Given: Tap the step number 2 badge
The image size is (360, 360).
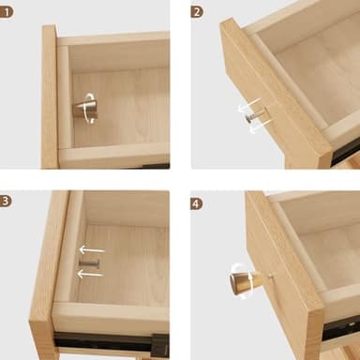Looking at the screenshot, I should pos(197,12).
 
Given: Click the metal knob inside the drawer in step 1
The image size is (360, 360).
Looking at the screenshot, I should pos(82,110).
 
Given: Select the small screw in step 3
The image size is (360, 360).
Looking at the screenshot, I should pos(90,263).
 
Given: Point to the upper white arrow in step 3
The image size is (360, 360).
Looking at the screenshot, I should pos(91,250).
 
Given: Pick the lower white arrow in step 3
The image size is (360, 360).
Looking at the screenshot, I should pos(90,275).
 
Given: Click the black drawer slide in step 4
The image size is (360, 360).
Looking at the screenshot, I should pos(339,327).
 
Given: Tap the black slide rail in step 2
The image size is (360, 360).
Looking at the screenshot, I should pos(345,150).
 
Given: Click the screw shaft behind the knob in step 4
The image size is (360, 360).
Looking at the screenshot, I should pos(265,277).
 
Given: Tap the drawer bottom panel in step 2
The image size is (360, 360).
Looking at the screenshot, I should pos(309,75).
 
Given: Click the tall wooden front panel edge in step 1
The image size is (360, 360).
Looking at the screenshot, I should pos(49,98).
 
